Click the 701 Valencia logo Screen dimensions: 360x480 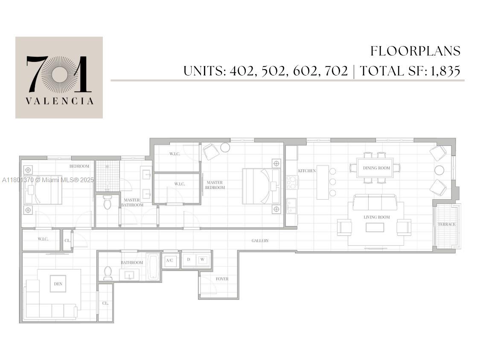[59, 77]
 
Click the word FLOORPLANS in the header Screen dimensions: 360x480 [415, 51]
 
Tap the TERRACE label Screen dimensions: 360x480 [446, 224]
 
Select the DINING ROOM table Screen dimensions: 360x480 [376, 168]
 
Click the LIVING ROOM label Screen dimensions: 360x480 [376, 217]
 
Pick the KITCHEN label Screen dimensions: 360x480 [307, 171]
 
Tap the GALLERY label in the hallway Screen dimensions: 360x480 [260, 241]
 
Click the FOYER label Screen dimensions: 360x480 [222, 279]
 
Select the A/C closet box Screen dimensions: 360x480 [169, 260]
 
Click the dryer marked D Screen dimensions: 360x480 [189, 259]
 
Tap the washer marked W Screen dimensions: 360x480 [203, 259]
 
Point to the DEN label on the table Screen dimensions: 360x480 [58, 284]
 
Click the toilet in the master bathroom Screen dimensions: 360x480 [107, 203]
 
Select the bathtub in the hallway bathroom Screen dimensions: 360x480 [153, 267]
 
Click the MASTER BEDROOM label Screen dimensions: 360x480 [214, 185]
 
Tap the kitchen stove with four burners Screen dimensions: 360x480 [291, 183]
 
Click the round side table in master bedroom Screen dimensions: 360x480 [225, 148]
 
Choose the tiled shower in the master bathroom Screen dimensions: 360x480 [107, 176]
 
